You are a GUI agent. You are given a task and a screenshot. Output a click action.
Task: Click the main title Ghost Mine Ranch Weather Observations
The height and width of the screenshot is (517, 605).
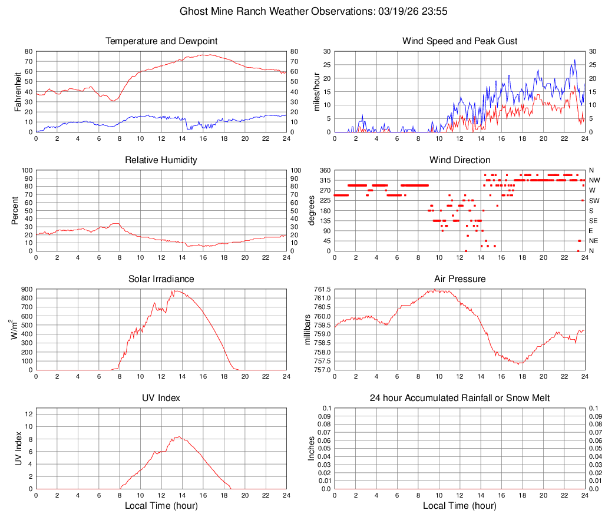click(302, 11)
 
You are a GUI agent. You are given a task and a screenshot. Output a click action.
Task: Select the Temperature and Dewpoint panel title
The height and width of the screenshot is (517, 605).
click(161, 41)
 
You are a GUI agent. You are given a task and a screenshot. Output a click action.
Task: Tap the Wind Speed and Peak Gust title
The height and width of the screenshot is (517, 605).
click(460, 41)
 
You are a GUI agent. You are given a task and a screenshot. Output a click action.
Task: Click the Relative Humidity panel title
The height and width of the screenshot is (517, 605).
click(161, 160)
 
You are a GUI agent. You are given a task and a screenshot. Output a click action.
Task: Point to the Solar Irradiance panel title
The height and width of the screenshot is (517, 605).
click(161, 279)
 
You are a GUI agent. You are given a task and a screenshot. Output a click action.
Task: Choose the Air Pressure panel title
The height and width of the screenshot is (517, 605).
click(460, 279)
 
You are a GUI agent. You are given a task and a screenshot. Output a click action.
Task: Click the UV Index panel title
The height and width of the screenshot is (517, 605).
click(161, 398)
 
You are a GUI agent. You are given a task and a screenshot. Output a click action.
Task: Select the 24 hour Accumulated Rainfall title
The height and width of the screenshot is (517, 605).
click(460, 398)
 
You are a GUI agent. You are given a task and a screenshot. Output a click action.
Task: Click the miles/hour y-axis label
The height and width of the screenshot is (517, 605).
click(316, 92)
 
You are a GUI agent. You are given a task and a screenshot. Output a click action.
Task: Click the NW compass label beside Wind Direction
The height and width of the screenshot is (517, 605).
click(594, 180)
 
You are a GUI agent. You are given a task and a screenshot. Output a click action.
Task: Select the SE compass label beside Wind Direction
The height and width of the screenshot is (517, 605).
click(594, 221)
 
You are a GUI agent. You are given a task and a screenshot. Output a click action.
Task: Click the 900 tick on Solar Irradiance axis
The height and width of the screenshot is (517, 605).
click(26, 289)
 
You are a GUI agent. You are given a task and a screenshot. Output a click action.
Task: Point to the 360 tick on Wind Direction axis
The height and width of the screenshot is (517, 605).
click(325, 170)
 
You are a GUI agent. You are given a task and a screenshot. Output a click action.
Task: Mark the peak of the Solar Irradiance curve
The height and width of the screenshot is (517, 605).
click(174, 291)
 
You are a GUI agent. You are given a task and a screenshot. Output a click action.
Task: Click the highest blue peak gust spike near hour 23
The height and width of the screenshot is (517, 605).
click(574, 59)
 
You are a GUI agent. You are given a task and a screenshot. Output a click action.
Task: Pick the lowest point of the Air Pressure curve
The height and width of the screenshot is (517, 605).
click(518, 364)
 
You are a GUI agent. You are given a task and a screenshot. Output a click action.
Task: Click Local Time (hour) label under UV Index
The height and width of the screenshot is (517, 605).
click(161, 506)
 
